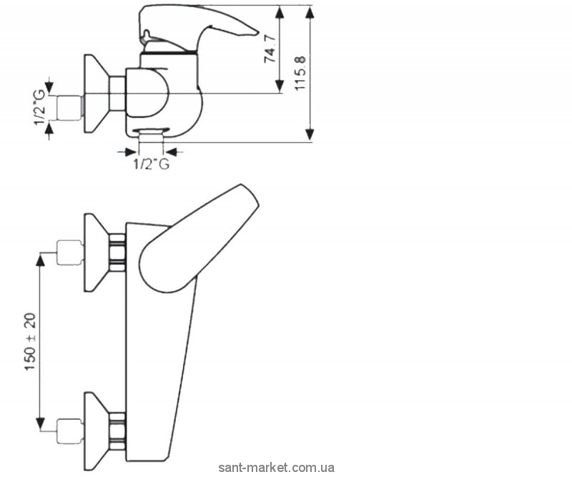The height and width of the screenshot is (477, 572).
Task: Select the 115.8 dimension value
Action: point(300,74)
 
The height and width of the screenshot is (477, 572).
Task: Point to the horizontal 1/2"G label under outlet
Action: point(151,165)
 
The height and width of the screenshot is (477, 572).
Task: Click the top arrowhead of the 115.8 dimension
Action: point(310,12)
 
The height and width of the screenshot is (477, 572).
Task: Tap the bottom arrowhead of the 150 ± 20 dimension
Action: point(41,423)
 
